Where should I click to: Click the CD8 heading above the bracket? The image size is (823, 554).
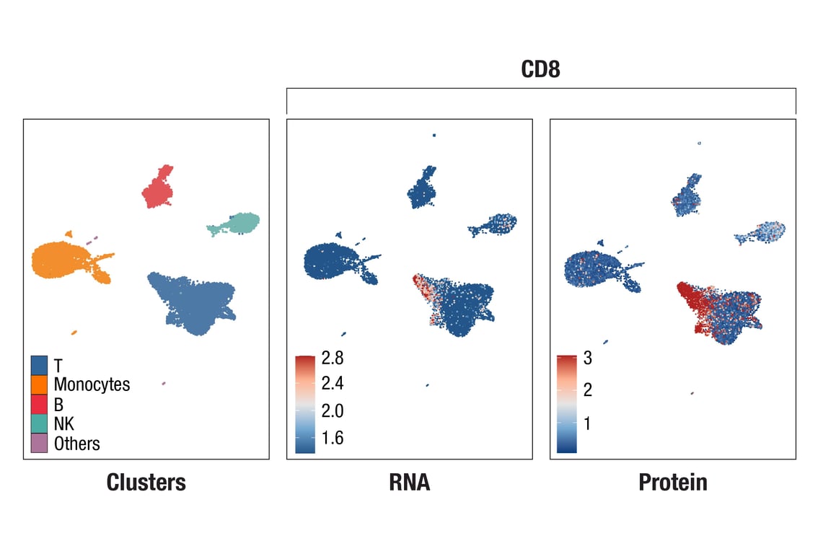click(540, 70)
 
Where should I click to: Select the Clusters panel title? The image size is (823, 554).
click(146, 482)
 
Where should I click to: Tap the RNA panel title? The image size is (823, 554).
click(409, 482)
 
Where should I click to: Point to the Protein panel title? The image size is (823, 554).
click(672, 482)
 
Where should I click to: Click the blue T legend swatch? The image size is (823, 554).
click(40, 365)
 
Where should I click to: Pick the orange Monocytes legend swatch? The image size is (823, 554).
click(40, 384)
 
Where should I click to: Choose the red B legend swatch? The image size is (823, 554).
click(40, 404)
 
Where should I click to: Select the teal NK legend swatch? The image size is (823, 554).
click(40, 423)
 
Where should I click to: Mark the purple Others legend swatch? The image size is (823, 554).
click(40, 443)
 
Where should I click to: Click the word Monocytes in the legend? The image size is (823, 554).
click(92, 384)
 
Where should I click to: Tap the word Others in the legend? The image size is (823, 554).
click(76, 443)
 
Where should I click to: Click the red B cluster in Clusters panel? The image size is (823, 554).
click(158, 189)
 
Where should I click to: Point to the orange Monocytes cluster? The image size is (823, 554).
click(61, 260)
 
